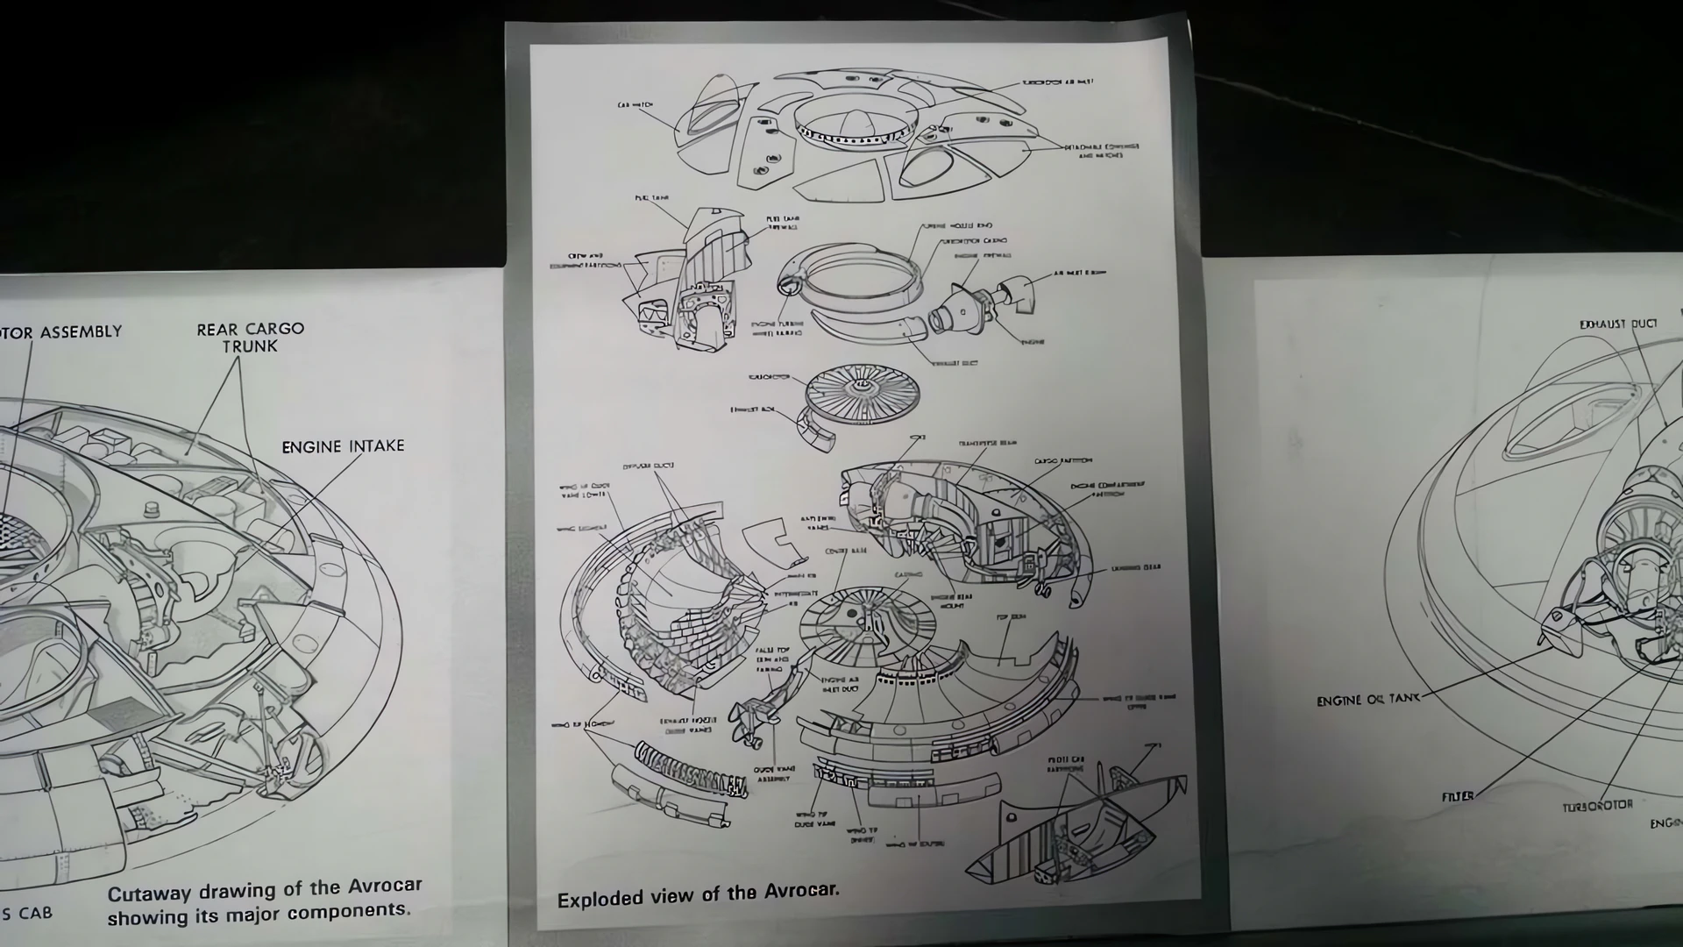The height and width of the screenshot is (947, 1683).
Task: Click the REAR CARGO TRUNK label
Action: pyautogui.click(x=250, y=338)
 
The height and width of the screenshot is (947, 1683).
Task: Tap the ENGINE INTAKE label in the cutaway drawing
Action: pyautogui.click(x=343, y=446)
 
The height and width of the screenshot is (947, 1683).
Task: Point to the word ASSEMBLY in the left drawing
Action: pyautogui.click(x=81, y=332)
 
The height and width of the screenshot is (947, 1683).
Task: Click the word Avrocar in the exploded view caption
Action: pyautogui.click(x=801, y=891)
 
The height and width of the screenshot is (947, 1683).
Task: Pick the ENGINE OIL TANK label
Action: pyautogui.click(x=1367, y=700)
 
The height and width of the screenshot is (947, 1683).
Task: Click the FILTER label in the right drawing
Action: pyautogui.click(x=1457, y=796)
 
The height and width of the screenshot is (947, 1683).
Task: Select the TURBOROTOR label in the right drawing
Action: pyautogui.click(x=1597, y=805)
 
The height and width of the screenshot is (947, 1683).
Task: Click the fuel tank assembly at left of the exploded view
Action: pyautogui.click(x=692, y=281)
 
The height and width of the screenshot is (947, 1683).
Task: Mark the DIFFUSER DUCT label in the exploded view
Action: pyautogui.click(x=648, y=466)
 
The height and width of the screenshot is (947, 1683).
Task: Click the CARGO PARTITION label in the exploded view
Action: pyautogui.click(x=1062, y=460)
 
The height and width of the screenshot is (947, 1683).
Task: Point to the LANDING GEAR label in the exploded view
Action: pyautogui.click(x=1136, y=568)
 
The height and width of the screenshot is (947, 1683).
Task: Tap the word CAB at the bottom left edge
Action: pyautogui.click(x=35, y=914)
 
